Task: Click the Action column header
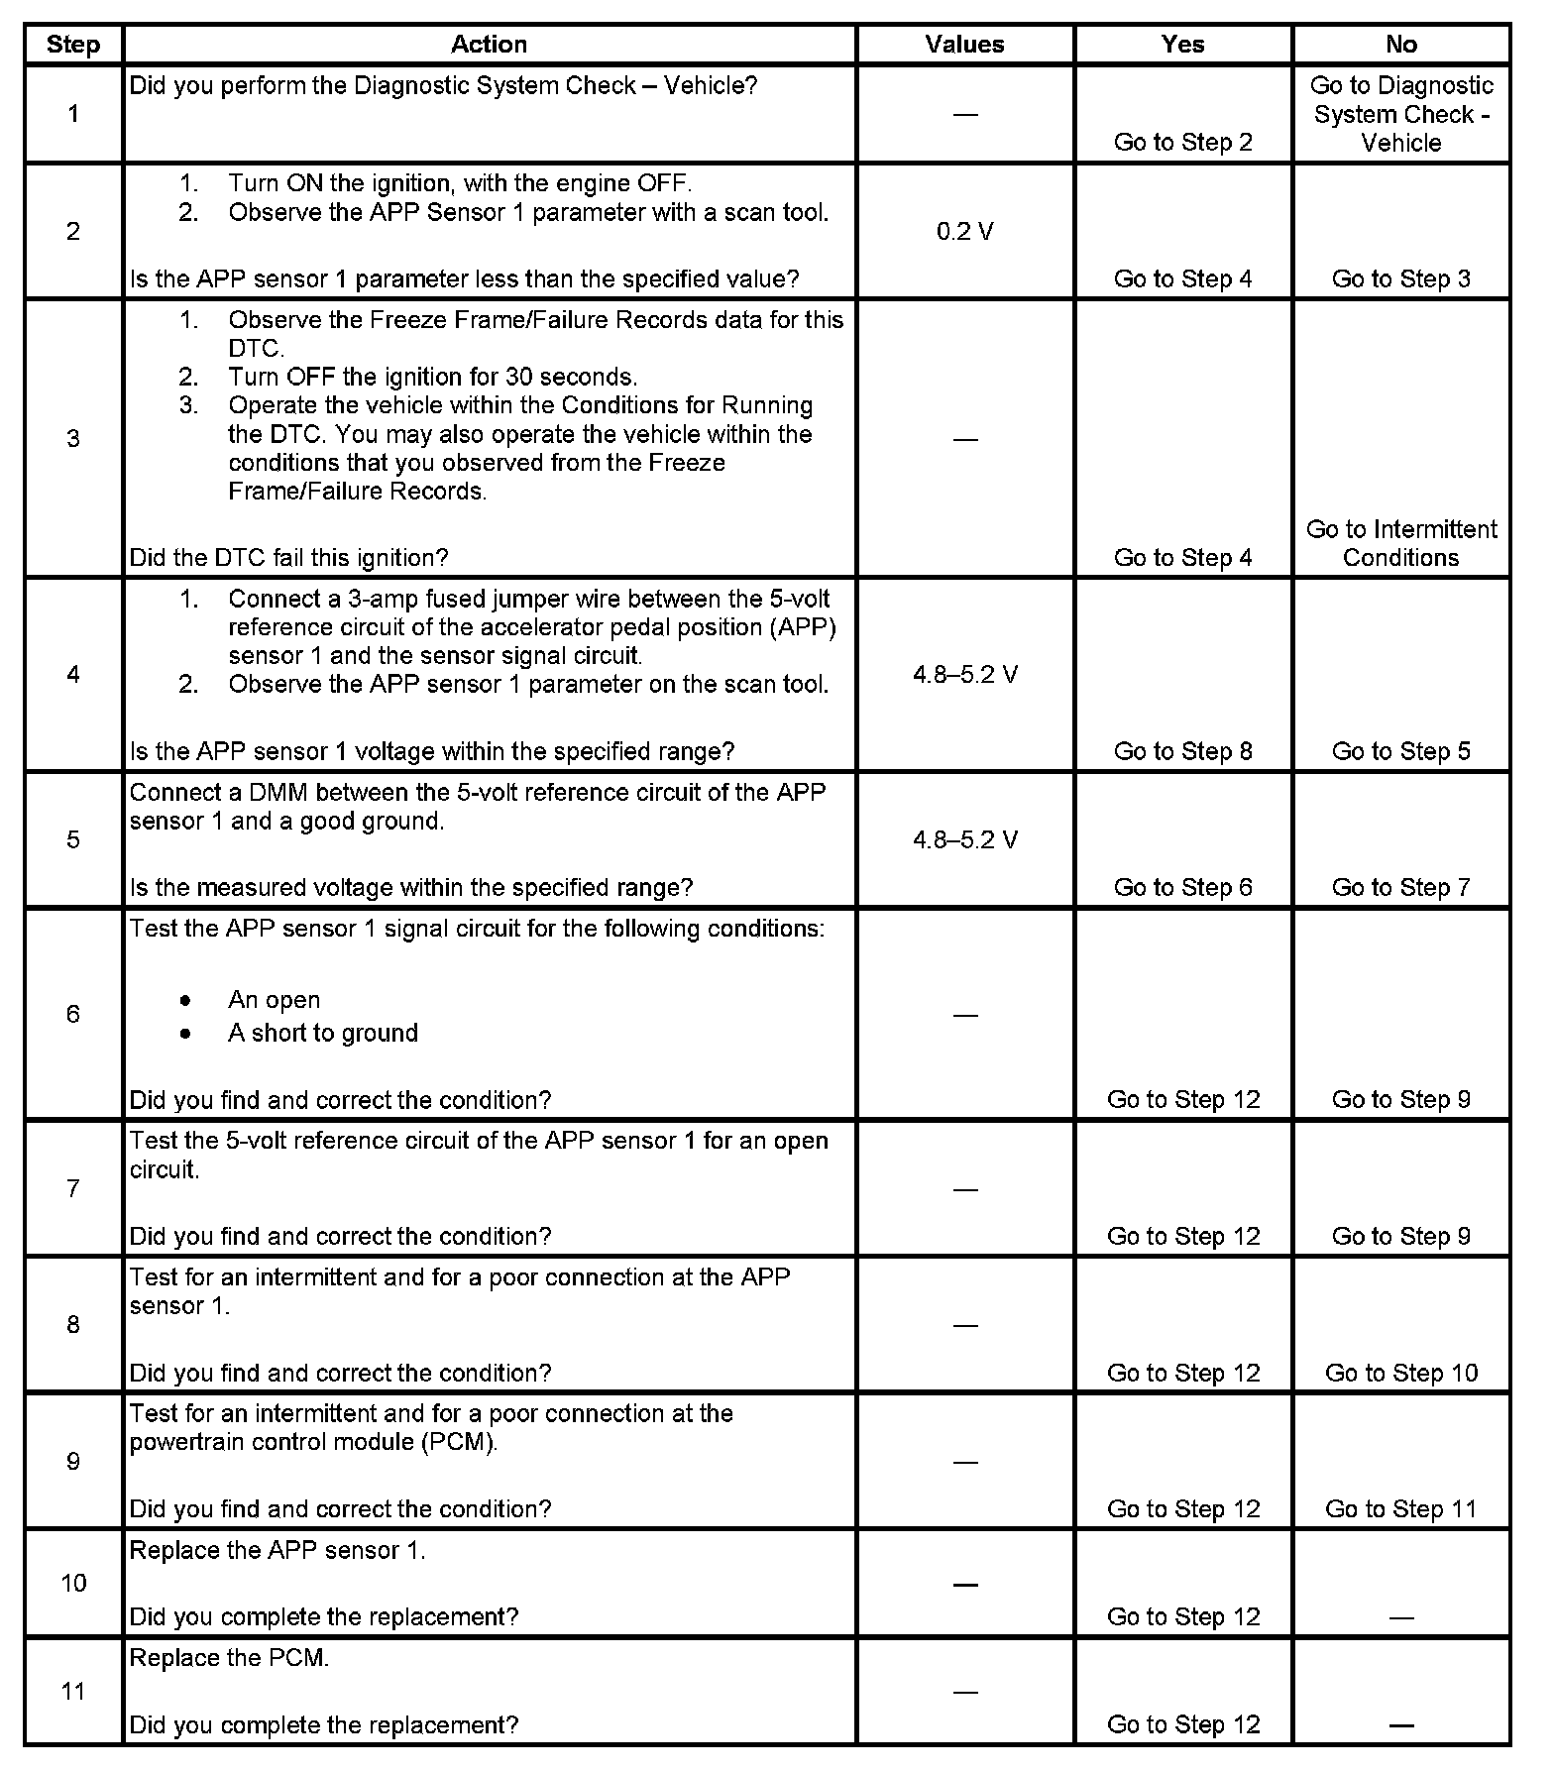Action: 489,45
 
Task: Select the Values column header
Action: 964,45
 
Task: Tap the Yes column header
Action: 1182,45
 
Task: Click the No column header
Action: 1400,45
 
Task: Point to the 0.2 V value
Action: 964,232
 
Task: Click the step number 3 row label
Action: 73,439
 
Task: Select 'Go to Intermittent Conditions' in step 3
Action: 1400,543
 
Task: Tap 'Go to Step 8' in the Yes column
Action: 1182,751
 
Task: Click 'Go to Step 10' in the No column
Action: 1400,1373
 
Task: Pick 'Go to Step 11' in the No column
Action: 1400,1509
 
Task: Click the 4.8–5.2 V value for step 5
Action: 964,840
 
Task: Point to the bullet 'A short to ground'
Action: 322,1033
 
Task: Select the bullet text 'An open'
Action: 274,1000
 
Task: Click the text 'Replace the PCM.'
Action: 229,1658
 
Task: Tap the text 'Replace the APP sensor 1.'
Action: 277,1551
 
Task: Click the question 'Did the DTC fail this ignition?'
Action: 288,558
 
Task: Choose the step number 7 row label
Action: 73,1188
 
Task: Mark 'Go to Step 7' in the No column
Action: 1400,888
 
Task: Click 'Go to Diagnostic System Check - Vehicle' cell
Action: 1400,114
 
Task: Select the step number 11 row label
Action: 73,1692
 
